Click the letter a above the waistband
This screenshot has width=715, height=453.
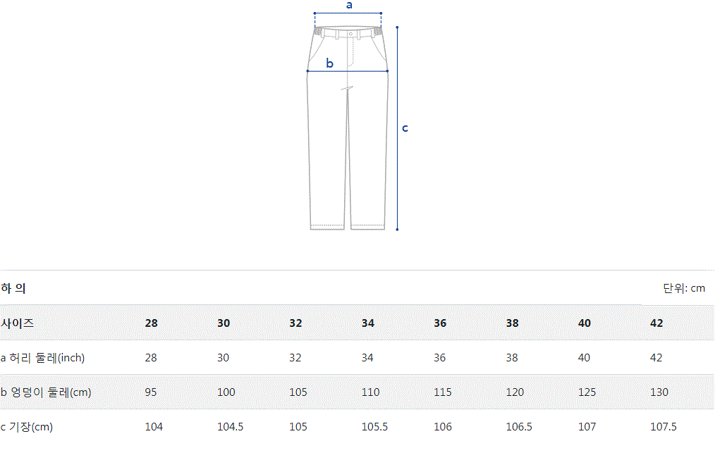349,6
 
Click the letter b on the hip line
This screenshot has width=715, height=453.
330,63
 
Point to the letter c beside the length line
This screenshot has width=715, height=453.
405,128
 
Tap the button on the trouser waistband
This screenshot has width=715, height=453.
350,35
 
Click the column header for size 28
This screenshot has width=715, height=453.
152,323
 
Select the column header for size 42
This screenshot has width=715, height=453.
656,323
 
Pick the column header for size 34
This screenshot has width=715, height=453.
368,323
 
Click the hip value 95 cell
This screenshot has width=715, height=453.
151,392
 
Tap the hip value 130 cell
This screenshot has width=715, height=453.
659,392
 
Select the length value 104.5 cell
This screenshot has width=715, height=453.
231,426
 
